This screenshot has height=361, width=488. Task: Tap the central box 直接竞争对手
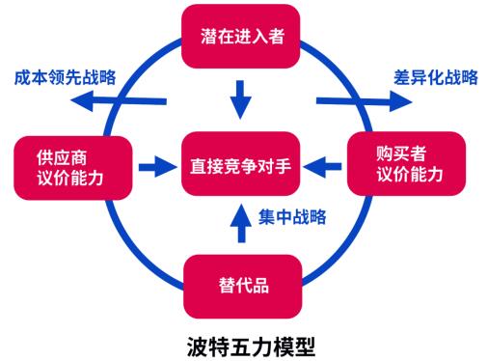coord(243,167)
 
